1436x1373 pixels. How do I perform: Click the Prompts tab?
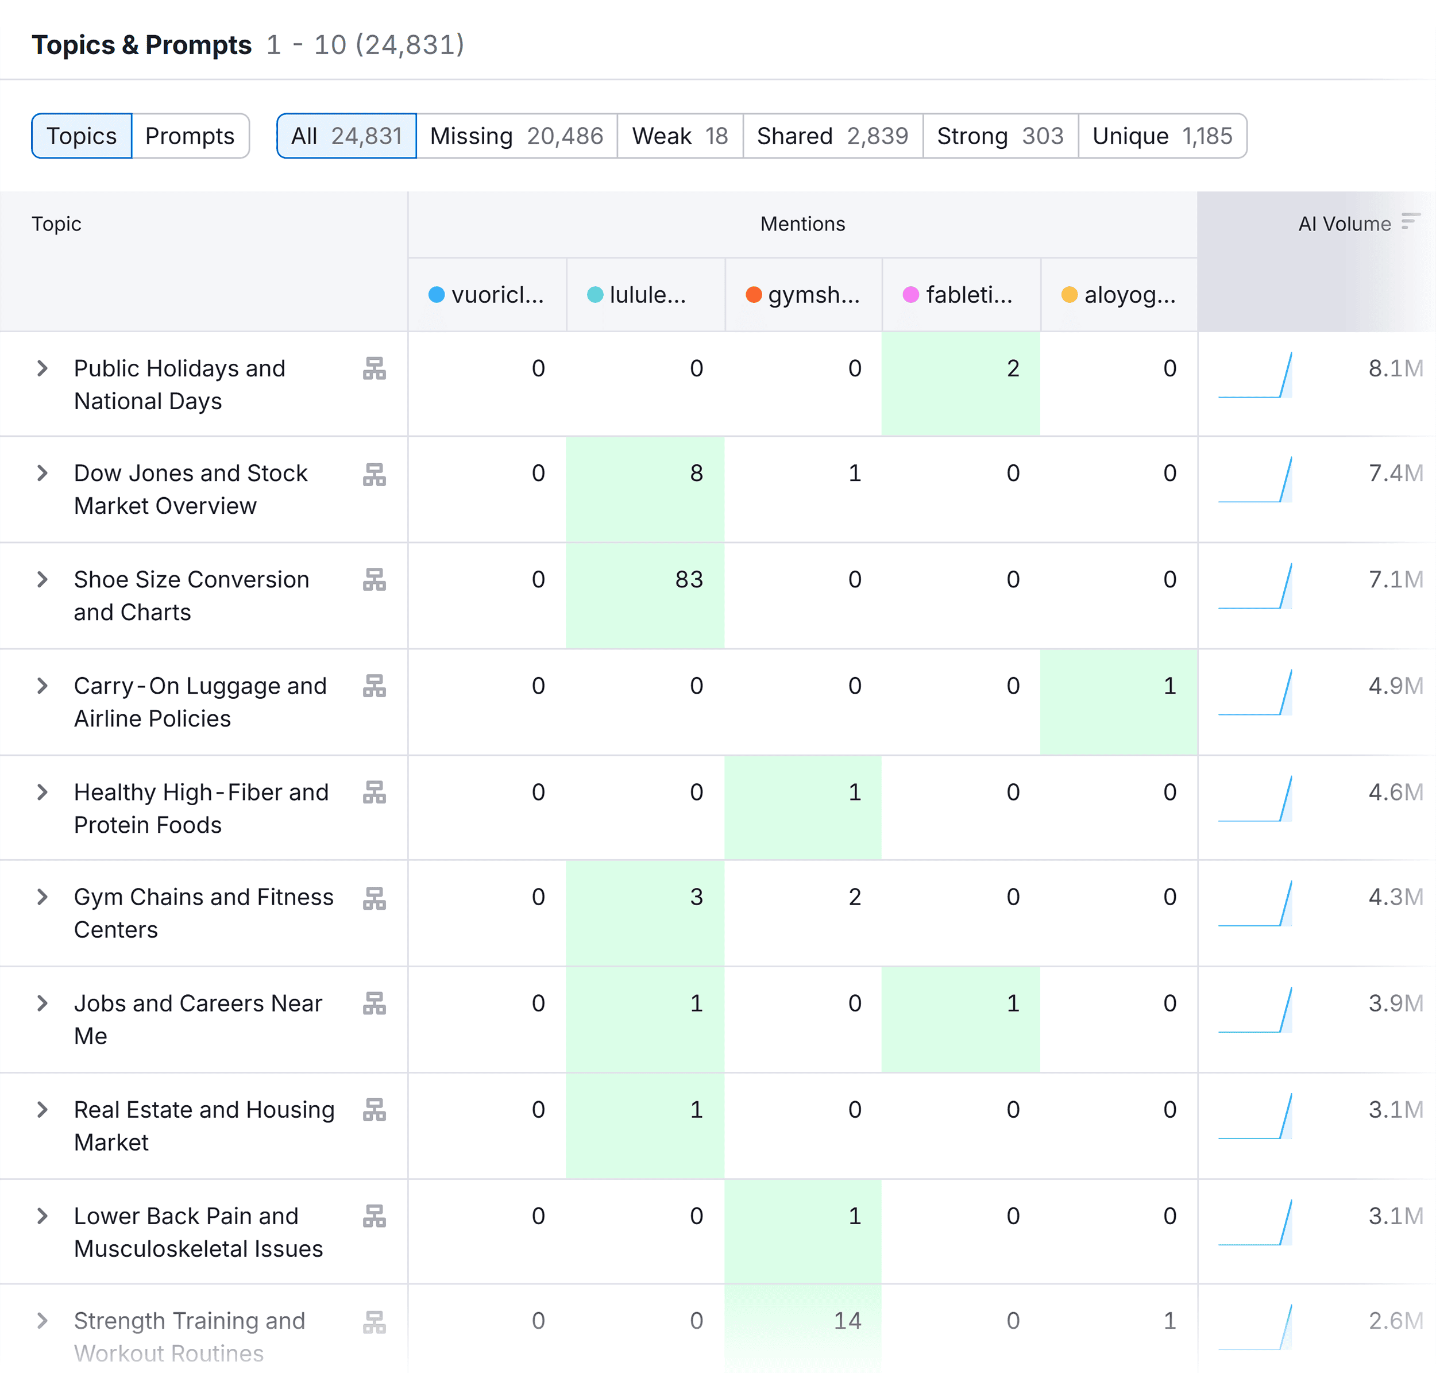coord(190,136)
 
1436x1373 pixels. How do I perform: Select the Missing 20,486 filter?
coord(516,136)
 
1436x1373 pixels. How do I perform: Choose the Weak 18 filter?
coord(679,136)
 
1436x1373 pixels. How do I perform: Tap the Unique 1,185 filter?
coord(1161,136)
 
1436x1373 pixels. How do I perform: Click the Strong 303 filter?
coord(999,136)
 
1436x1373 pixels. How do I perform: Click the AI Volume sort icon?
coord(1410,222)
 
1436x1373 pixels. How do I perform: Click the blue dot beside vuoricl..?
coord(437,295)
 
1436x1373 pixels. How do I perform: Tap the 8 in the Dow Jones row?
coord(696,474)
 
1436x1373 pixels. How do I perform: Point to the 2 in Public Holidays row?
coord(1013,369)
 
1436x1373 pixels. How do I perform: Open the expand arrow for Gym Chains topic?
coord(43,897)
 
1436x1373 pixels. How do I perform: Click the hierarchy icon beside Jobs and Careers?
coord(374,1003)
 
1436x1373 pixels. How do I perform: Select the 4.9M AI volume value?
coord(1395,686)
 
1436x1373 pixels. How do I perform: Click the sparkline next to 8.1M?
coord(1255,375)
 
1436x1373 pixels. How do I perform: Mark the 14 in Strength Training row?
coord(847,1321)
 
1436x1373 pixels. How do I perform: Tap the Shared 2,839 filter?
coord(832,136)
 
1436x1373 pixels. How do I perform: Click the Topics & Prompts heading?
coord(141,45)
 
